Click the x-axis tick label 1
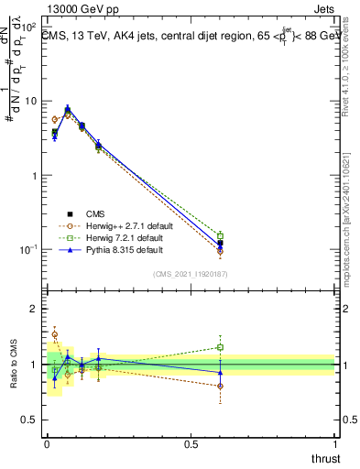[x=335, y=443]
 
